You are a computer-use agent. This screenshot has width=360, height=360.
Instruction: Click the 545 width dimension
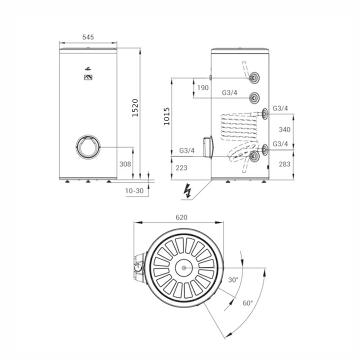pyautogui.click(x=88, y=37)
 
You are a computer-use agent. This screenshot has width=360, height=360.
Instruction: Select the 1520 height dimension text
pyautogui.click(x=135, y=108)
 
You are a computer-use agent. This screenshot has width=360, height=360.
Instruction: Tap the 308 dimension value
pyautogui.click(x=125, y=164)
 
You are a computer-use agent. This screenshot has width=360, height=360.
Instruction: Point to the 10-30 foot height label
pyautogui.click(x=134, y=191)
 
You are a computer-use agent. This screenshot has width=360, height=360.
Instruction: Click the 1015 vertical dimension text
pyautogui.click(x=166, y=116)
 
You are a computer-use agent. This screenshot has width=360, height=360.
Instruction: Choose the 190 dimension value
pyautogui.click(x=203, y=87)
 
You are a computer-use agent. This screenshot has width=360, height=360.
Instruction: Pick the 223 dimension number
pyautogui.click(x=181, y=168)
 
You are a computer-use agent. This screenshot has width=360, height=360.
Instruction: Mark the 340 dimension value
pyautogui.click(x=284, y=129)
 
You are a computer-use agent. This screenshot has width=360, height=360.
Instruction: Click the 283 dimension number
pyautogui.click(x=284, y=164)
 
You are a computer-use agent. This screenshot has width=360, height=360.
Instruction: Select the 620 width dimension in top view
pyautogui.click(x=181, y=217)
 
